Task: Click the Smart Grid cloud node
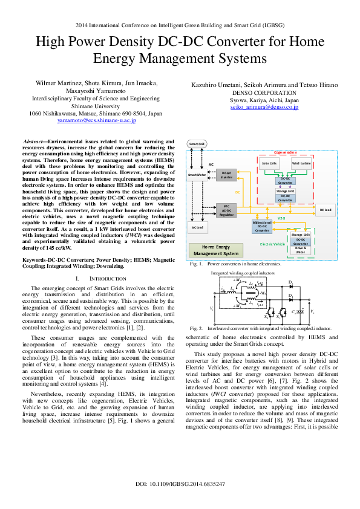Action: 197,144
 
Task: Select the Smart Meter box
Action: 197,175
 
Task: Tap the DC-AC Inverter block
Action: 226,175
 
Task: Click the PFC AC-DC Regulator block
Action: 226,210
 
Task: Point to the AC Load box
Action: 198,227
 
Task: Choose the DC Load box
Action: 326,210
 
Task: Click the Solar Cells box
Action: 269,163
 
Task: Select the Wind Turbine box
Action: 301,163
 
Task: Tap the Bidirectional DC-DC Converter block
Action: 262,227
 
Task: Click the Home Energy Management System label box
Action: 215,250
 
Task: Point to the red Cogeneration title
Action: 286,152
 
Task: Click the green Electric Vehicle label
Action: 272,244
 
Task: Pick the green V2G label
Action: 281,218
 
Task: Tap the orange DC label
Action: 238,192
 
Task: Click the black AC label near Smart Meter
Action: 211,164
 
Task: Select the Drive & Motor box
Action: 301,250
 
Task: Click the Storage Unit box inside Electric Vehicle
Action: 301,235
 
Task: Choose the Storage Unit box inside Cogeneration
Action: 286,190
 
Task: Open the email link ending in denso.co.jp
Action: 264,107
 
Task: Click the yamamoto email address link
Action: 97,121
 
